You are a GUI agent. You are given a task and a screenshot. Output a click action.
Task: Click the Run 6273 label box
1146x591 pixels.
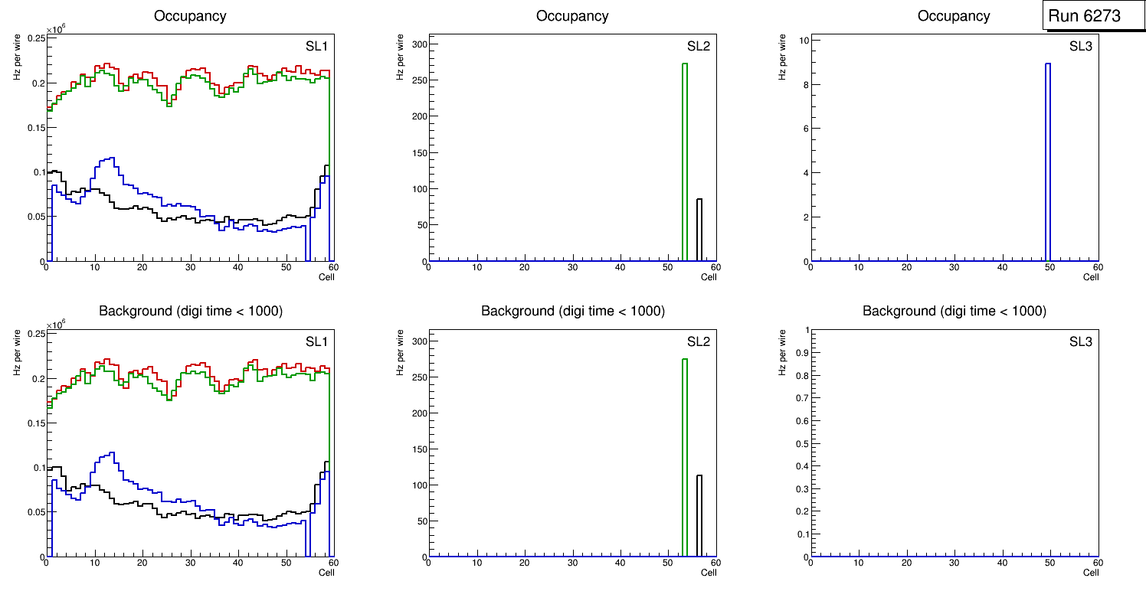point(1093,16)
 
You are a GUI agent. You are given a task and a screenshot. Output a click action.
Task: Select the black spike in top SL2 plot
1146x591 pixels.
point(699,230)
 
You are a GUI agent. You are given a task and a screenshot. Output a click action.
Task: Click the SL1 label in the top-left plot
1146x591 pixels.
point(316,47)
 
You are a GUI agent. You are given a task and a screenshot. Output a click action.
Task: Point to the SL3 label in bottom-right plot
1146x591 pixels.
point(1080,341)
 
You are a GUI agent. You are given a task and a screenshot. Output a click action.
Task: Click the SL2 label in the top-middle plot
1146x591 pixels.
point(699,47)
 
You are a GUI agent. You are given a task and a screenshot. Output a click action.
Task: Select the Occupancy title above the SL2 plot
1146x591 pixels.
point(572,16)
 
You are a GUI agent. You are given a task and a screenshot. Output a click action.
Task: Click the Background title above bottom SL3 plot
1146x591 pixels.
point(954,312)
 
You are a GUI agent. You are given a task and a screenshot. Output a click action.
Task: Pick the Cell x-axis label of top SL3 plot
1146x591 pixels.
point(1091,277)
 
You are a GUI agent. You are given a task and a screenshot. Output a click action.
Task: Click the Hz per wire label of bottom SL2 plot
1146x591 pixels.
point(399,353)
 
